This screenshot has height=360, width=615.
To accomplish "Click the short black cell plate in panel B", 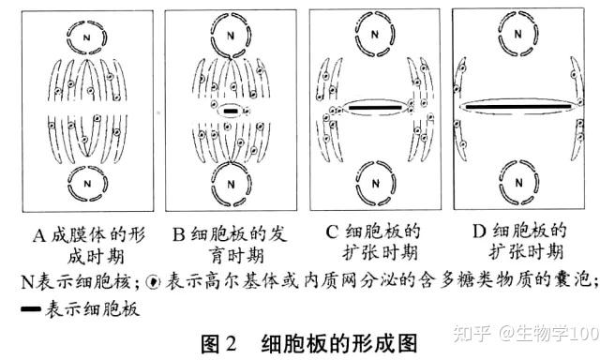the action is pos(231,112).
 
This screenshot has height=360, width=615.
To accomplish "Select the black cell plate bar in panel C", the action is pos(375,108).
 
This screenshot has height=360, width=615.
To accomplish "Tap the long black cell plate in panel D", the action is pos(518,106).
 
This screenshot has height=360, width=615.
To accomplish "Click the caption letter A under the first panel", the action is pos(39,236).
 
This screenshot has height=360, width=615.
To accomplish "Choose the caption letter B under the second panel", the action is pos(178,234).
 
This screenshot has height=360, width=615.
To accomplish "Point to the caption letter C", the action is pos(332,232).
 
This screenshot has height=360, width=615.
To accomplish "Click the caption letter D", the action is pos(479,232).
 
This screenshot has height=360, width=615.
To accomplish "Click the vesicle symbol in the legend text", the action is pos(153,281).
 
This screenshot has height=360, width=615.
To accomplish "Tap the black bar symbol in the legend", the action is pos(31,309).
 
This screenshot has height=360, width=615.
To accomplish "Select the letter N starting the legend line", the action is pos(27,281).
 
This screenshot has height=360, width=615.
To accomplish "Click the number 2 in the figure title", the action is pos(231,343).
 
